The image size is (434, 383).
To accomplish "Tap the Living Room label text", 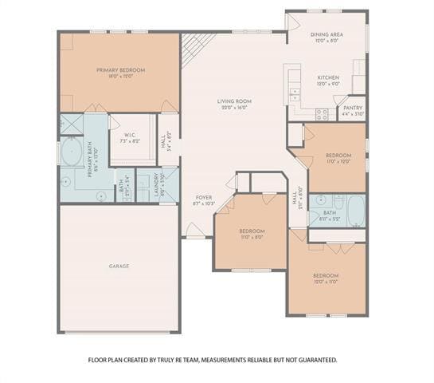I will pyautogui.click(x=234, y=101).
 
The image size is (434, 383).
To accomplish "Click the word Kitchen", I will pyautogui.click(x=328, y=78).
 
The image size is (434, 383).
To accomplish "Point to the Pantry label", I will pyautogui.click(x=353, y=108).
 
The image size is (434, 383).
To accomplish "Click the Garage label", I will pyautogui.click(x=119, y=266).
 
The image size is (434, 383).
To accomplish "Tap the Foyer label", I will pyautogui.click(x=204, y=197).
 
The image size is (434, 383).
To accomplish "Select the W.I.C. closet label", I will pyautogui.click(x=130, y=135).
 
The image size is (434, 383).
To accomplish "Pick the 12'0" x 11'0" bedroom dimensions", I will pyautogui.click(x=326, y=282).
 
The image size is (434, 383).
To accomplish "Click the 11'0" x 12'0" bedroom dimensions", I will pyautogui.click(x=338, y=161).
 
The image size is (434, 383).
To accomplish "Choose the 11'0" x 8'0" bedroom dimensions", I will pyautogui.click(x=252, y=237).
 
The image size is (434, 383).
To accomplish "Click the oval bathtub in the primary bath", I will pyautogui.click(x=69, y=151).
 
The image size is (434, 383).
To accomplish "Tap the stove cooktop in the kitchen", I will pyautogui.click(x=322, y=113).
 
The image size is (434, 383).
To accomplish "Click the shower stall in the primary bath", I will pyautogui.click(x=71, y=124).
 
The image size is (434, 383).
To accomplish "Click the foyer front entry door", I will pyautogui.click(x=195, y=231).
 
